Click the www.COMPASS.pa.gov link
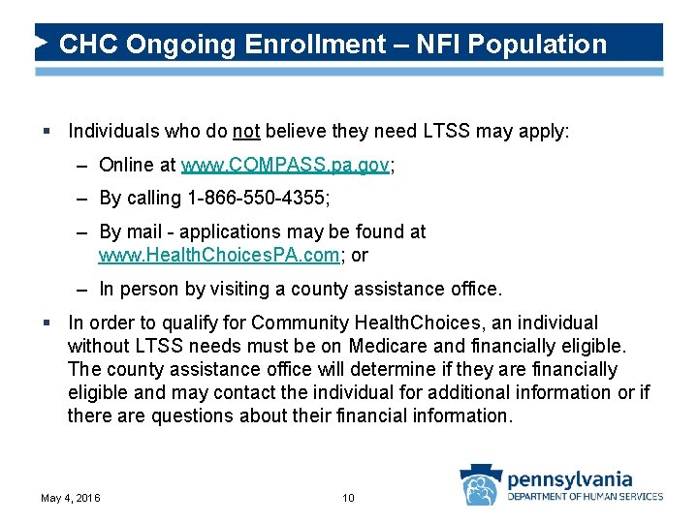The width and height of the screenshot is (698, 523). point(285,166)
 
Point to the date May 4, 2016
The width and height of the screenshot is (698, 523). point(70,498)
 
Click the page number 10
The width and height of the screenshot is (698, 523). point(349,498)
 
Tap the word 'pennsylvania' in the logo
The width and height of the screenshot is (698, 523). point(569,478)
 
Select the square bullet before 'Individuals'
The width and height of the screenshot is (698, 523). point(47,131)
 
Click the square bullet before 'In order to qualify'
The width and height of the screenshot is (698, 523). point(47,323)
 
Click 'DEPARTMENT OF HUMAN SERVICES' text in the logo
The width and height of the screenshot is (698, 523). point(586,497)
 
